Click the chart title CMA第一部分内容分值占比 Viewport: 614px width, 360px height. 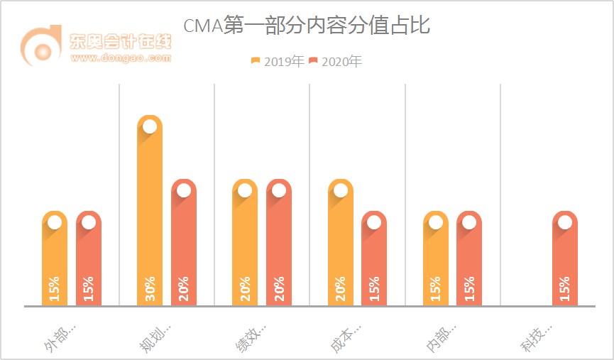tap(307, 26)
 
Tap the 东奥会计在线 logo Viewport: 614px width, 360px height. tap(96, 47)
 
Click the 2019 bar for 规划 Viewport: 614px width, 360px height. tap(150, 213)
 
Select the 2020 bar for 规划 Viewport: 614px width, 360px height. tap(184, 245)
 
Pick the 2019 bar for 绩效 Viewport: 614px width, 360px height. tap(245, 245)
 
